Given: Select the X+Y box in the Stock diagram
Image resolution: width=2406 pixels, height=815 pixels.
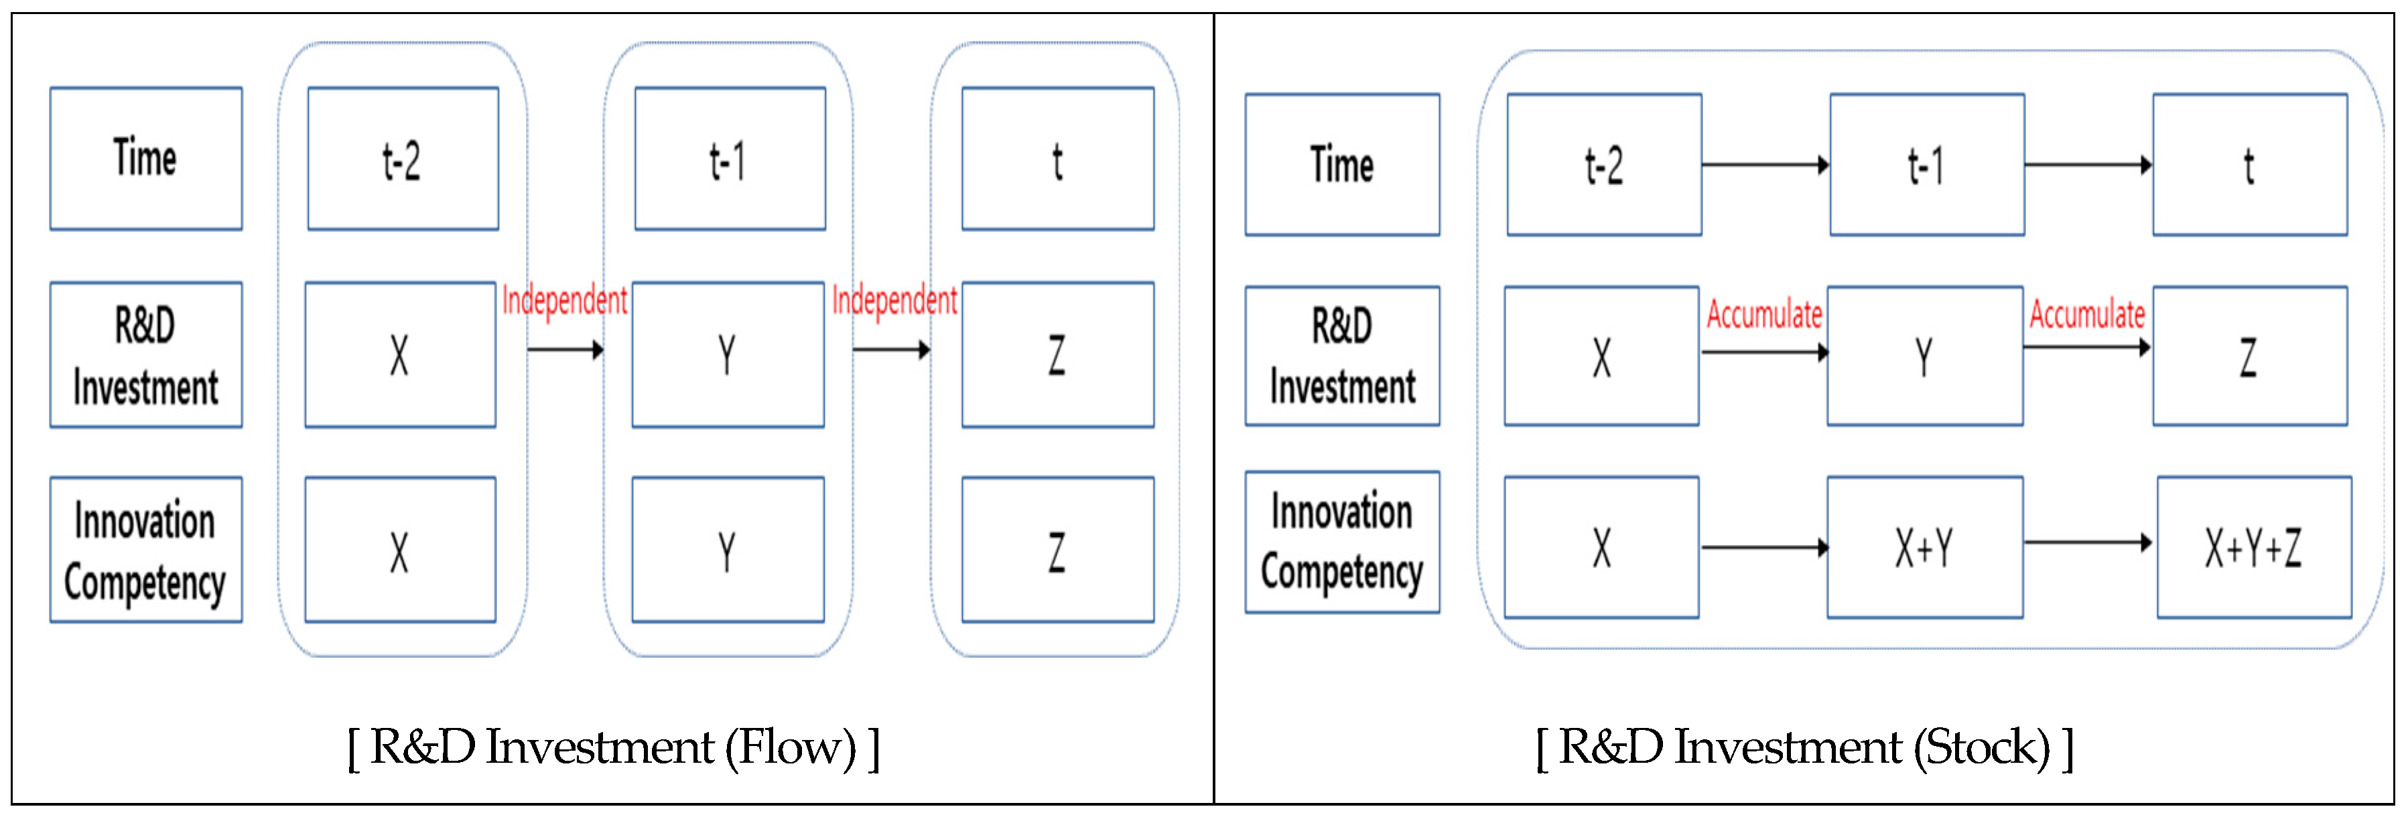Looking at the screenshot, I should point(1924,547).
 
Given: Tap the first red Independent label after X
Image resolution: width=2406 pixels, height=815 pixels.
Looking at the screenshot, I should point(564,301).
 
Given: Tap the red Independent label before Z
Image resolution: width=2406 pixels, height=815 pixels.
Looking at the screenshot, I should point(894,301).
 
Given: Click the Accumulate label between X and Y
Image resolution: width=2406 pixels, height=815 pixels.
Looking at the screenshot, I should point(1763,315).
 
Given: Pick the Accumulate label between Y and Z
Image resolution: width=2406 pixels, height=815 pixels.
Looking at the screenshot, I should point(2086,315).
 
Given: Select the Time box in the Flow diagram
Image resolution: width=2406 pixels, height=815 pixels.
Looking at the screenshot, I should point(145,159).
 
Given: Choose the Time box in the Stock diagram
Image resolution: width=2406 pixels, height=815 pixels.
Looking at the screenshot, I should point(1341,164).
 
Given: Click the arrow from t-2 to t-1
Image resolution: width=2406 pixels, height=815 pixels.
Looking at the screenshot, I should point(1764,165).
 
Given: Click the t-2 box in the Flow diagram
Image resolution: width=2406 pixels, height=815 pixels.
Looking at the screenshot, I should point(403,159).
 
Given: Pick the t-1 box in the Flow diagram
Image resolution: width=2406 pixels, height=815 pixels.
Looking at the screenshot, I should point(730,159).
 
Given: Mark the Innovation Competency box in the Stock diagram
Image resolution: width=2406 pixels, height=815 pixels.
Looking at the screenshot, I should point(1341,542).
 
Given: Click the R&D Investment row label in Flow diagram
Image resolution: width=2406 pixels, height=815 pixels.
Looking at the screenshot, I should point(145,355).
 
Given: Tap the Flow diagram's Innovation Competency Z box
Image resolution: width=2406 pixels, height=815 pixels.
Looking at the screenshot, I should point(1057,550).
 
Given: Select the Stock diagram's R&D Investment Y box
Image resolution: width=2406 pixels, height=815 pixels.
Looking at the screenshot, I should point(1924,356).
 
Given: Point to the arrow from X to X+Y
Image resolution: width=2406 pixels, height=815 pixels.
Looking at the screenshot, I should point(1763,547).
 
